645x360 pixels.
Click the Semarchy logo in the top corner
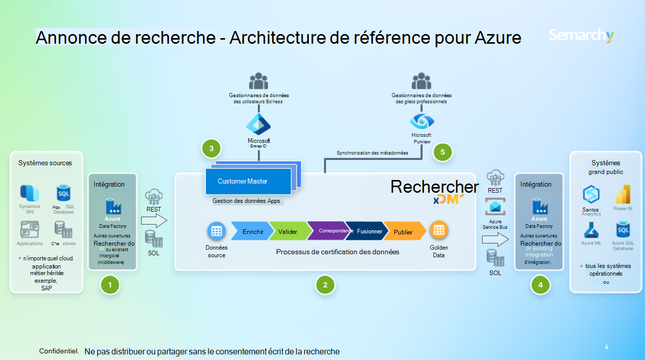point(581,36)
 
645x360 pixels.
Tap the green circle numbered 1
point(110,285)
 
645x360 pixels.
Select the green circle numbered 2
point(325,285)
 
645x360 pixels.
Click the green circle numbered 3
point(211,148)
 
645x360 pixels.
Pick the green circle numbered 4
point(540,285)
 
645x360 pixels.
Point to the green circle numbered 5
point(443,152)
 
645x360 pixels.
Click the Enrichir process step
point(251,231)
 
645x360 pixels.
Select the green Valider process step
point(288,231)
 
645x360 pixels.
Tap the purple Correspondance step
point(327,231)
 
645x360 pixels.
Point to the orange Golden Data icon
point(438,231)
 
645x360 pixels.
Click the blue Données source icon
point(216,231)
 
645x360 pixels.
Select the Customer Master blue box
point(248,181)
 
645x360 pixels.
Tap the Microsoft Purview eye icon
point(422,121)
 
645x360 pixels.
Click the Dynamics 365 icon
point(30,192)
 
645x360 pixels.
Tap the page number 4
point(606,347)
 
